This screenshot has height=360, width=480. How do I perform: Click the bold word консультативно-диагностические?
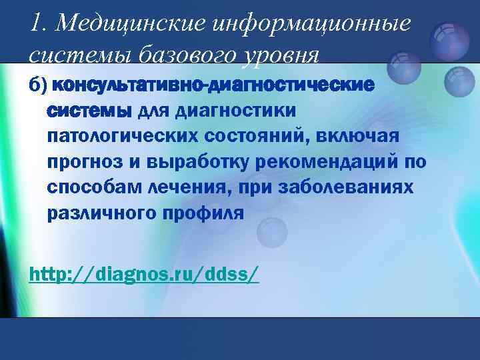(213, 86)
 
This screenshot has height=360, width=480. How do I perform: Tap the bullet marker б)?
(37, 86)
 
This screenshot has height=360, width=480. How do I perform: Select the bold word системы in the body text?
(89, 111)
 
